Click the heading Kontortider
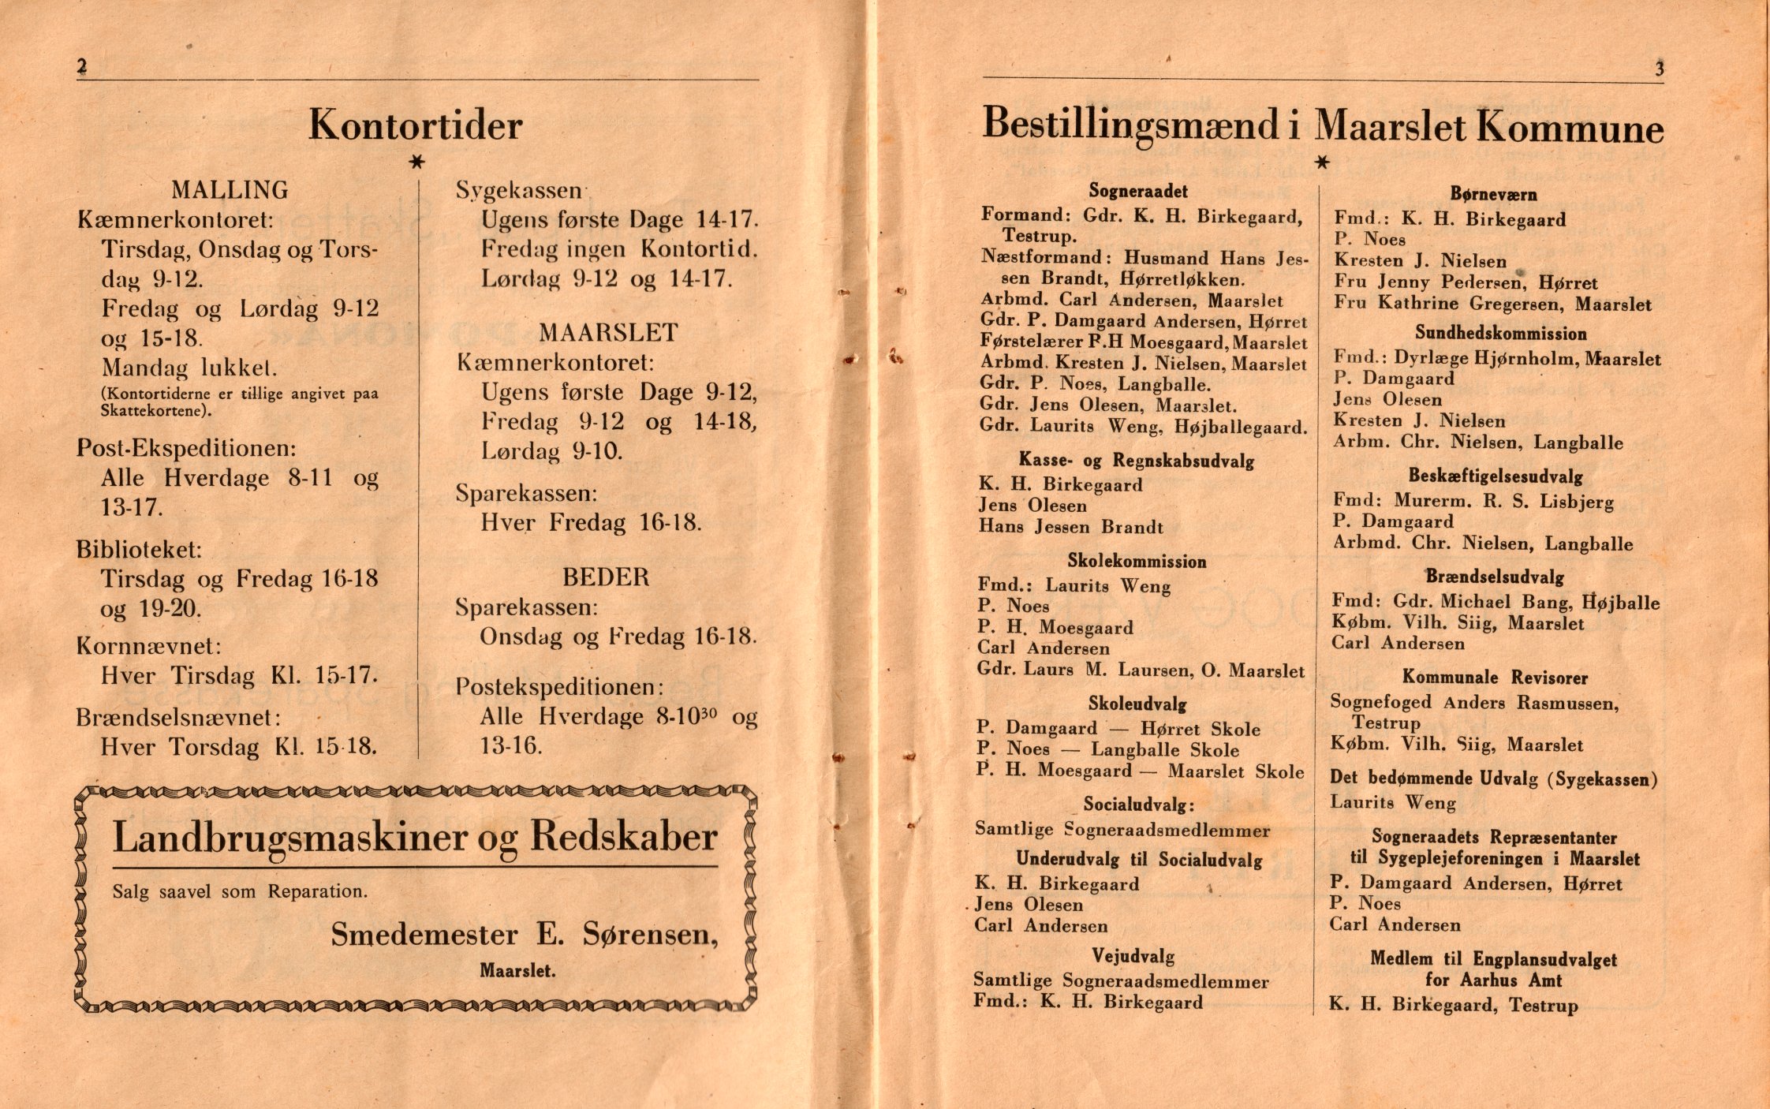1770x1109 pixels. [415, 125]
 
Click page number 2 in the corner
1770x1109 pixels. [81, 67]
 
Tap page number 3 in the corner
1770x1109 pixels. [1660, 69]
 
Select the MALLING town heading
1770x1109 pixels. [230, 190]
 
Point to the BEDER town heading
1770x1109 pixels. [606, 577]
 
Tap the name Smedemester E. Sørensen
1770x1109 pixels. [525, 935]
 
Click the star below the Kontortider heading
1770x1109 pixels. [417, 162]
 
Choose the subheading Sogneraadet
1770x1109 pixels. [1138, 190]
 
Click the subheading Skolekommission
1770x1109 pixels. [1137, 562]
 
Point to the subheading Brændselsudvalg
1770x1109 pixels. [1494, 577]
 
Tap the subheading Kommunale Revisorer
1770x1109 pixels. [1495, 678]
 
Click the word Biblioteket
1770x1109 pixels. [139, 548]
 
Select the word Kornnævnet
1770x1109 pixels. [148, 646]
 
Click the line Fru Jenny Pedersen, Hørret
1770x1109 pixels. [1466, 282]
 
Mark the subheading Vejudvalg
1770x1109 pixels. [1133, 957]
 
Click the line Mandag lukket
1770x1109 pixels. [189, 368]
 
